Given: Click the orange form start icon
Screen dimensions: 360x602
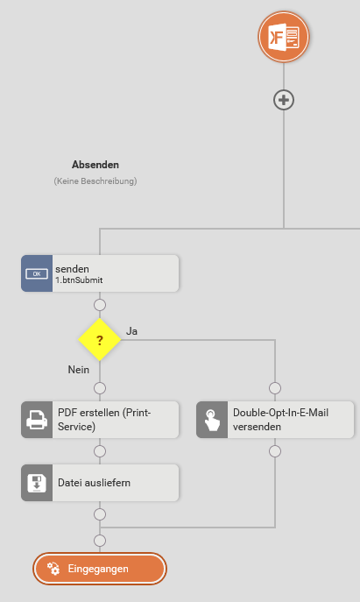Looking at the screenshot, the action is pyautogui.click(x=284, y=37).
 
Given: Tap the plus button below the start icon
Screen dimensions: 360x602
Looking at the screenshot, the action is pyautogui.click(x=284, y=100).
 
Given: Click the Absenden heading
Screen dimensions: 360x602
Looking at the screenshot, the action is pyautogui.click(x=95, y=165).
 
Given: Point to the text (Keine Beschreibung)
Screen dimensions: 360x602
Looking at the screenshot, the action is pyautogui.click(x=95, y=181).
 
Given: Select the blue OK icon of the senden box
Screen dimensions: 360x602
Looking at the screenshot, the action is pyautogui.click(x=37, y=273).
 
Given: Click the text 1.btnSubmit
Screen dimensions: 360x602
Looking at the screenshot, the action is pyautogui.click(x=79, y=280).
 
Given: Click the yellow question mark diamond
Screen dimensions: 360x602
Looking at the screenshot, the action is pyautogui.click(x=100, y=340).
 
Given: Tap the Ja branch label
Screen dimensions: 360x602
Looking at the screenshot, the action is pyautogui.click(x=131, y=331).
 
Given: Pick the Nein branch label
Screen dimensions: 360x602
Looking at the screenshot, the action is pyautogui.click(x=79, y=369).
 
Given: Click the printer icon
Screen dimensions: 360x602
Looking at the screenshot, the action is pyautogui.click(x=37, y=420).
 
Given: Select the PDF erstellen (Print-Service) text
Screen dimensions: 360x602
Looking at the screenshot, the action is pyautogui.click(x=104, y=420).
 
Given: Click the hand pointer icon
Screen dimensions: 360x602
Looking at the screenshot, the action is pyautogui.click(x=212, y=420).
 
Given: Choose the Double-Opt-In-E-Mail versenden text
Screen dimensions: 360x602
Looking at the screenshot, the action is pyautogui.click(x=280, y=420).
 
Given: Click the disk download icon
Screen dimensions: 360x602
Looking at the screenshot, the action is pyautogui.click(x=37, y=483).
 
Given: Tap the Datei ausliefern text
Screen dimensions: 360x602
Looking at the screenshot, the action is pyautogui.click(x=94, y=483).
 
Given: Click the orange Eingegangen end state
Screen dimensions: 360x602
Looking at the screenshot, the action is pyautogui.click(x=100, y=569).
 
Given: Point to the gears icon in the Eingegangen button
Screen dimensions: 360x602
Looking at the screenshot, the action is pyautogui.click(x=53, y=569).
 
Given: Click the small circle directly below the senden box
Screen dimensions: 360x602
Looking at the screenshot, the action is pyautogui.click(x=100, y=305).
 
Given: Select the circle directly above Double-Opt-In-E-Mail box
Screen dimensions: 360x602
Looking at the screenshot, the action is pyautogui.click(x=275, y=388).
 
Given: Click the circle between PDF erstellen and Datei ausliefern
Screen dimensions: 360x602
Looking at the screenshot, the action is pyautogui.click(x=100, y=451).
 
